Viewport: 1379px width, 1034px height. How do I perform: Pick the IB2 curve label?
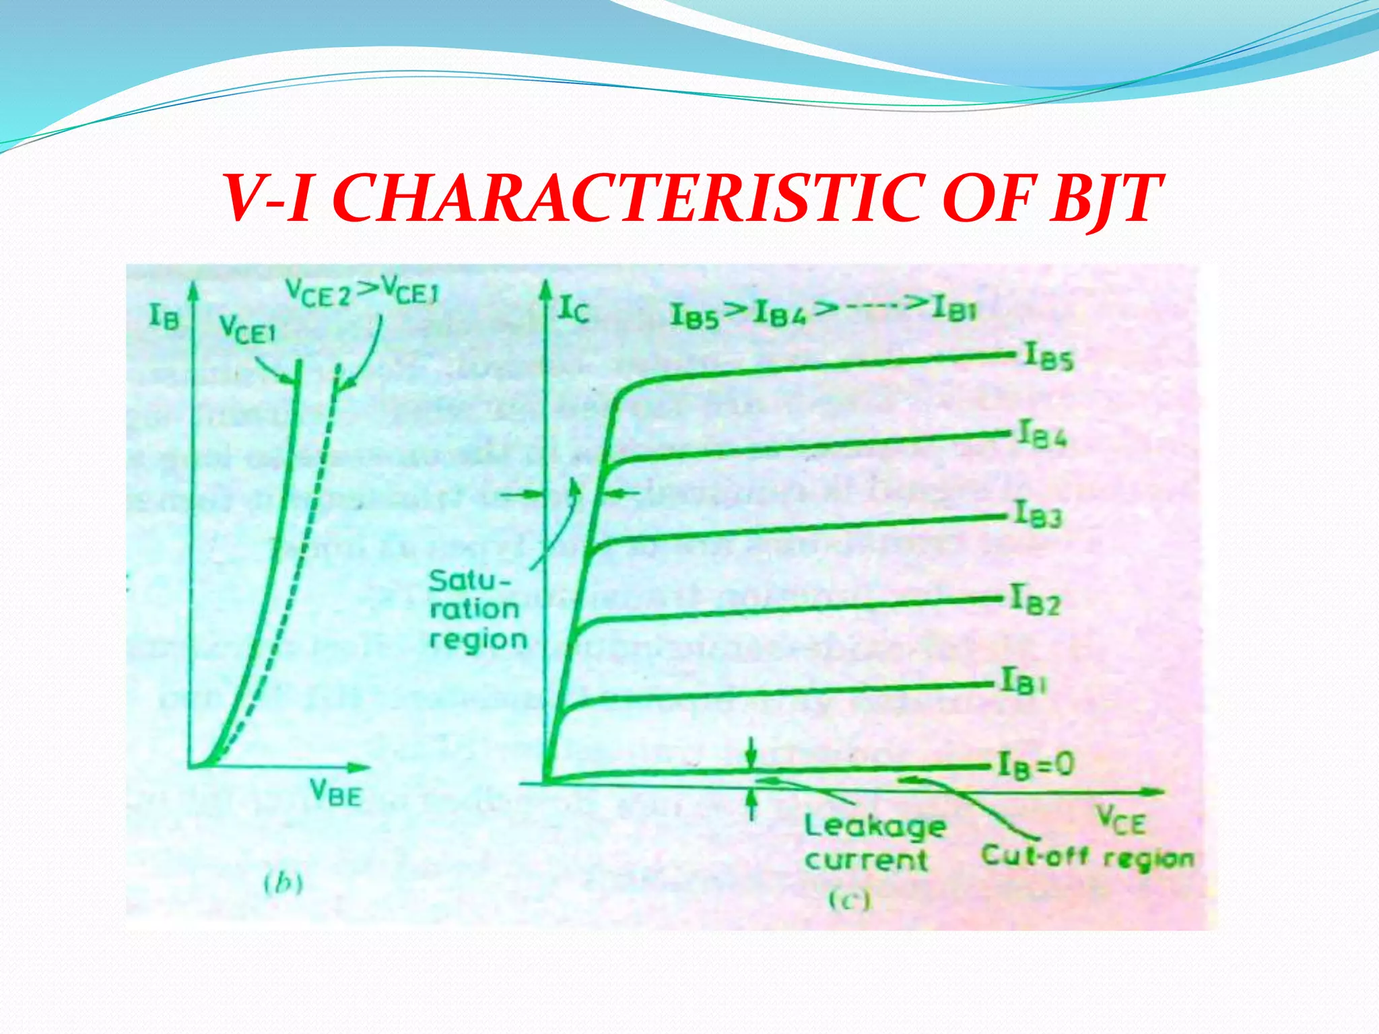[x=1036, y=600]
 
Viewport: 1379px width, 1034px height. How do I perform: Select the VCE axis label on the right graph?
[x=1120, y=821]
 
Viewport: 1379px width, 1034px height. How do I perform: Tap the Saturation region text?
[x=477, y=610]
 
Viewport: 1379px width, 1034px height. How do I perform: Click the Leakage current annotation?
[x=874, y=842]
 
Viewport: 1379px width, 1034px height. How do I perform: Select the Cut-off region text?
[x=1087, y=857]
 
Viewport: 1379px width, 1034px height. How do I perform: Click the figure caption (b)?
[x=283, y=883]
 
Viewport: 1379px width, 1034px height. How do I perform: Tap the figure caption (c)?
[x=850, y=900]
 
